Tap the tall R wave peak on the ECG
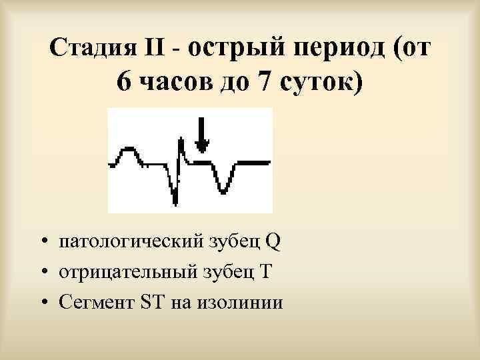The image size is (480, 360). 181,142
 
